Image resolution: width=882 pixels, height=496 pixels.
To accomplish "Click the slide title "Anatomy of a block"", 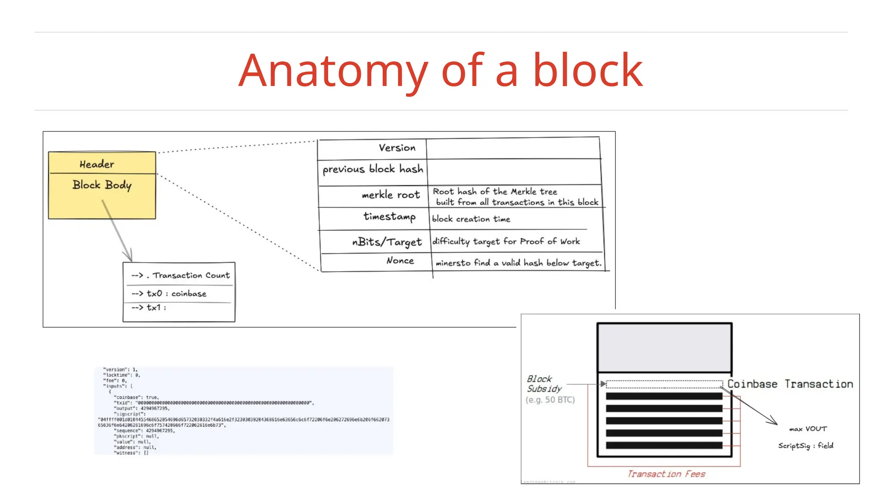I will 441,71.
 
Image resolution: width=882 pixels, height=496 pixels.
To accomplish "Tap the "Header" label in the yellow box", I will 97,164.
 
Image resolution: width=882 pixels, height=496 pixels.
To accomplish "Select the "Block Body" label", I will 102,185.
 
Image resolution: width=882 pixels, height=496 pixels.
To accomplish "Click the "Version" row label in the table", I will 397,148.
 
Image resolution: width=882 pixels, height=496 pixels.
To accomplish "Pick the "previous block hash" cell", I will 373,169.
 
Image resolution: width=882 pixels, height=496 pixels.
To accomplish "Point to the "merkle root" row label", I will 391,195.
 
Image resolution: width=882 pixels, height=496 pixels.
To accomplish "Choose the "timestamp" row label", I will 389,217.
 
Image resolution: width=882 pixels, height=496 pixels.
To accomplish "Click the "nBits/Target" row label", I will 387,242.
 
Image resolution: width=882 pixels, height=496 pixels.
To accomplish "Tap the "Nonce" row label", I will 400,260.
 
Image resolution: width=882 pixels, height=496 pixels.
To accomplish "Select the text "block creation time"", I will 471,219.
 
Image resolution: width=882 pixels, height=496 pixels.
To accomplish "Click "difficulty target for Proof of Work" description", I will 506,242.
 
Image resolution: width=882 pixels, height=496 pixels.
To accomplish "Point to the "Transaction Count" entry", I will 191,276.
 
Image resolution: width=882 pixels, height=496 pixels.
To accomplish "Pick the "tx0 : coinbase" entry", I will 176,294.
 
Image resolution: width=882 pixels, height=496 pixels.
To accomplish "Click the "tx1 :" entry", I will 155,307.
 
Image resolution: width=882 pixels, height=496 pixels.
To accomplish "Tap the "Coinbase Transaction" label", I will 790,384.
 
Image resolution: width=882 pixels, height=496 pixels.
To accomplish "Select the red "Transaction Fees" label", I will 666,474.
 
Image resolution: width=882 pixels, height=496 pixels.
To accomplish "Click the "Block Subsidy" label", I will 544,384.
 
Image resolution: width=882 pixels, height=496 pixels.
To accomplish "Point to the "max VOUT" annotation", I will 808,429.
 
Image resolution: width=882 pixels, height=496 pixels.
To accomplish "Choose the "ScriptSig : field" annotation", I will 805,446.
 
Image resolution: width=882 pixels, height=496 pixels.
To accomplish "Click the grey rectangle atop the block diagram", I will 664,347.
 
